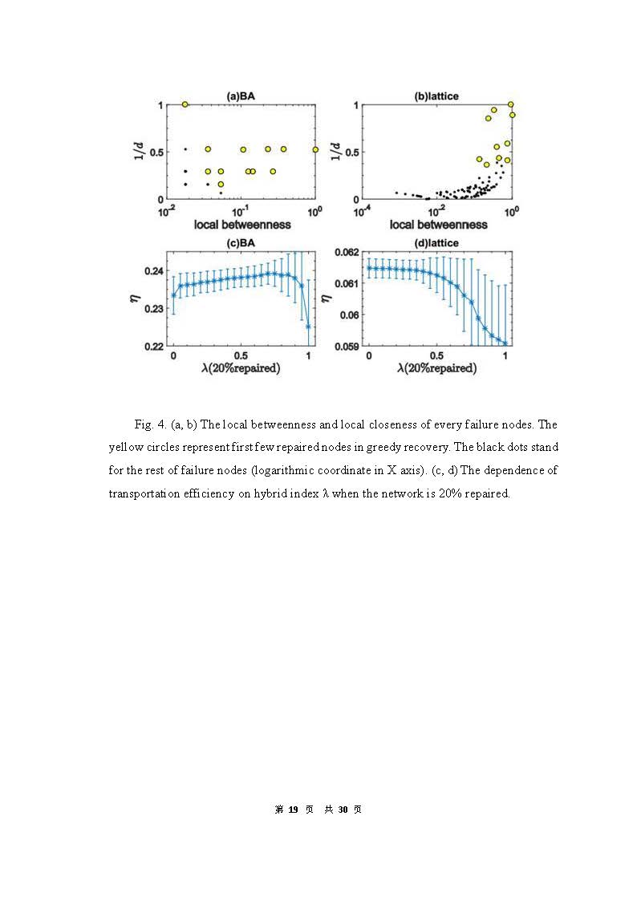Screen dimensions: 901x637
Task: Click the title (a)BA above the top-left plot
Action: point(241,96)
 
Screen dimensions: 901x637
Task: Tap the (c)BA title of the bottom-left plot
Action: point(241,244)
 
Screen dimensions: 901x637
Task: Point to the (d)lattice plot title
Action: point(436,244)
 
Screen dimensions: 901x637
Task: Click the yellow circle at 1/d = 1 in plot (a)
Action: point(185,104)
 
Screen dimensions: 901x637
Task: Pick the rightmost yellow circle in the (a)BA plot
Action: point(315,149)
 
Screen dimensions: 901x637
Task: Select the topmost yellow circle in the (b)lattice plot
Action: point(511,104)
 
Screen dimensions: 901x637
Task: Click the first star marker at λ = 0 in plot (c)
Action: point(173,295)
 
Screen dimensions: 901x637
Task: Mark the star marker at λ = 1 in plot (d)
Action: point(505,343)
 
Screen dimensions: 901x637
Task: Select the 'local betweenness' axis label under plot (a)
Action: point(241,225)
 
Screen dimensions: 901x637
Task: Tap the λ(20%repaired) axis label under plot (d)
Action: point(436,368)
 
